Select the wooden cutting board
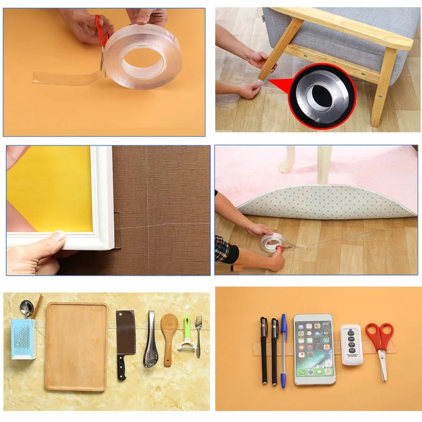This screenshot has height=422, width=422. tap(76, 346)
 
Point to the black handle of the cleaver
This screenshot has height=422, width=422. tap(122, 368)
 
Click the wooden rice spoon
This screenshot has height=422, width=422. tap(169, 335)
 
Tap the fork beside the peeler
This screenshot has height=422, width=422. tap(198, 335)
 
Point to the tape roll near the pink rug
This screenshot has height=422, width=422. tap(270, 242)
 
